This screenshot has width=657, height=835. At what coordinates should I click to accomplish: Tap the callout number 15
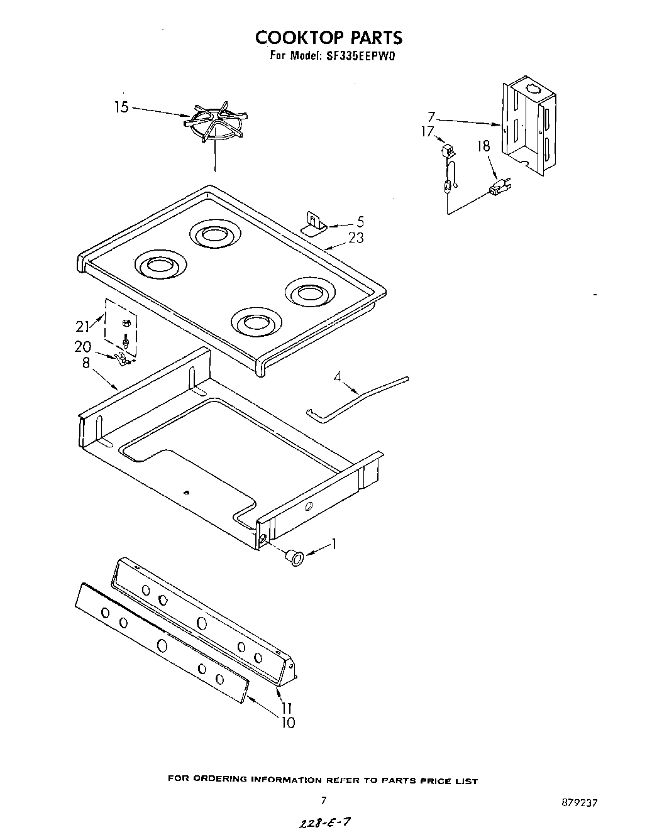121,107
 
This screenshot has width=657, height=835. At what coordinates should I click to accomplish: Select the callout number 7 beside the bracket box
431,117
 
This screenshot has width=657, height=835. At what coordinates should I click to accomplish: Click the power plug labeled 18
499,187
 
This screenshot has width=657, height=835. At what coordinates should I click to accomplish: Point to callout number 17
428,132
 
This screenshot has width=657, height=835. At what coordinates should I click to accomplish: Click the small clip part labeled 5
312,223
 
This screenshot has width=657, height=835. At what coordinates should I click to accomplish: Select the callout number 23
356,238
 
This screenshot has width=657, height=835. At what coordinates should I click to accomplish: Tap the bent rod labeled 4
358,398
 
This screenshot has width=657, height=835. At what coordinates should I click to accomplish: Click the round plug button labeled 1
293,556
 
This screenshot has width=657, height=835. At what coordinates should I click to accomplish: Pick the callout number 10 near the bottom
287,723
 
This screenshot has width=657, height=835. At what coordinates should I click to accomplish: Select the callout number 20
83,347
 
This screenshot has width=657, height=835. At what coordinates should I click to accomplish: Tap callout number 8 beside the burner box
86,363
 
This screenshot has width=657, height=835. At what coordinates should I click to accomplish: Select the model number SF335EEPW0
360,55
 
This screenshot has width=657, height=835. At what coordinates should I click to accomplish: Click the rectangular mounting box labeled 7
529,126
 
